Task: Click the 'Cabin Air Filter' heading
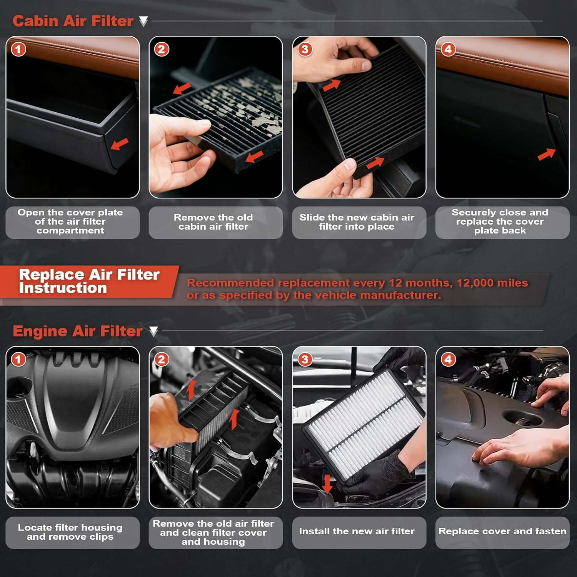pos(73,21)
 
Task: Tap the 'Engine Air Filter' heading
pos(77,331)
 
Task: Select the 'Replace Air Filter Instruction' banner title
pos(89,281)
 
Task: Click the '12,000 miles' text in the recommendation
pos(492,283)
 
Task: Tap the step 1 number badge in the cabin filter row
pos(18,49)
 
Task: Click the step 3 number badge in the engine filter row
pos(305,360)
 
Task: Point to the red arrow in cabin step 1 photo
pos(120,144)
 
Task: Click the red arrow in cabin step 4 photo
pos(546,154)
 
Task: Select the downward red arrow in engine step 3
pos(327,484)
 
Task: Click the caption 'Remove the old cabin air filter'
pos(213,222)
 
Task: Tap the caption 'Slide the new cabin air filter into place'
pos(357,222)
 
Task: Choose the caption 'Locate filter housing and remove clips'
pos(70,532)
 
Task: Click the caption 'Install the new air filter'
pos(357,531)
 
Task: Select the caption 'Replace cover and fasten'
pos(502,531)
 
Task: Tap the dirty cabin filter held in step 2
pos(231,115)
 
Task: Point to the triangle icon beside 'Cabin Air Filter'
pos(143,21)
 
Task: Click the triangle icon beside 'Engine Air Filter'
pos(153,331)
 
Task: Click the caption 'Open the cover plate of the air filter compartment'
pos(70,222)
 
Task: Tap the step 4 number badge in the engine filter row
pos(448,360)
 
